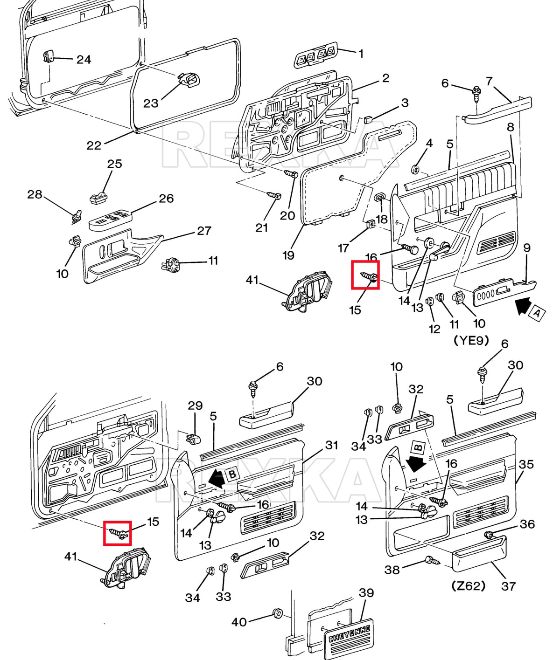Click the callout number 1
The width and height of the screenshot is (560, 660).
pos(361,54)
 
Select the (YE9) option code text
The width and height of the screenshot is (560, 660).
pos(471,341)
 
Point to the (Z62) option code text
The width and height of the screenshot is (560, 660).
pos(469,586)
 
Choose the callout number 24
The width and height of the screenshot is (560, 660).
pos(84,60)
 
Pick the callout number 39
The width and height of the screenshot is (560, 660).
pos(366,593)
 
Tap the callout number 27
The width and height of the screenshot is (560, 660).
pos(204,231)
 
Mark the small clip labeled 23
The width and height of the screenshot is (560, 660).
pos(189,81)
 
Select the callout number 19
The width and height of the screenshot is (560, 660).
pos(288,255)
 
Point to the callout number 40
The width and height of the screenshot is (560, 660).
pos(239,622)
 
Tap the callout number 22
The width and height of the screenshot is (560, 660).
pos(94,145)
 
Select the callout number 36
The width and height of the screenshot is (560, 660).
pos(527,524)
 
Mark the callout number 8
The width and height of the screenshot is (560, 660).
pos(511,127)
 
